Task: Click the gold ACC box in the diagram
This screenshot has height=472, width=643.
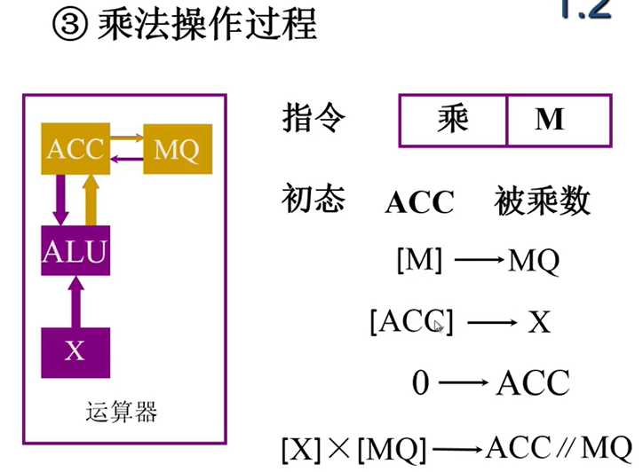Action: (x=75, y=149)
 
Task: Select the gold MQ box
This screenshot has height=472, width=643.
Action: (x=177, y=149)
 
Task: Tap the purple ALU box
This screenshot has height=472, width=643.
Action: (x=75, y=251)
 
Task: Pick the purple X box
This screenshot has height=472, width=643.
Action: (x=75, y=351)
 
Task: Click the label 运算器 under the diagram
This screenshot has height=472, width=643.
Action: (x=122, y=411)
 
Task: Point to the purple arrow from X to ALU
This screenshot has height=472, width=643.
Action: (x=75, y=302)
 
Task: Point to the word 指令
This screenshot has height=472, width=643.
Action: (x=314, y=119)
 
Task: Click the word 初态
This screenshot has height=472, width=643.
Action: (x=314, y=199)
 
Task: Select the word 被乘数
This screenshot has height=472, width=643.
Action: (x=542, y=202)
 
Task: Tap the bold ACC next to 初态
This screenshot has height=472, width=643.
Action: (x=419, y=203)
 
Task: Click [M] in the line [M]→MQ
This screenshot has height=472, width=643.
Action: (x=418, y=262)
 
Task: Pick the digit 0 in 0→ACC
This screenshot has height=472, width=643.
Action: (x=421, y=383)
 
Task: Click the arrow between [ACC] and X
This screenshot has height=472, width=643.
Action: (x=491, y=323)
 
